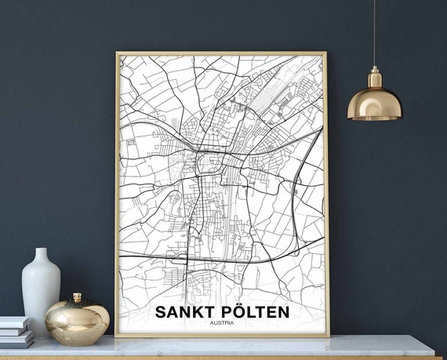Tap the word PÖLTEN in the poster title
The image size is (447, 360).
[x=253, y=311]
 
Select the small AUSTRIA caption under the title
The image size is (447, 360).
[x=223, y=323]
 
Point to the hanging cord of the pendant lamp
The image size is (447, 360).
[x=373, y=31]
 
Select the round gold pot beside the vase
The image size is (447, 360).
[x=77, y=320]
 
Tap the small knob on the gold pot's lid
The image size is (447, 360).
[x=77, y=297]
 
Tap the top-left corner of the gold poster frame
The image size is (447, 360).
[x=117, y=53]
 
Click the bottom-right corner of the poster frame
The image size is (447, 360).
[x=328, y=336]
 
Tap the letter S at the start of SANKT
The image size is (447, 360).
[x=161, y=311]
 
